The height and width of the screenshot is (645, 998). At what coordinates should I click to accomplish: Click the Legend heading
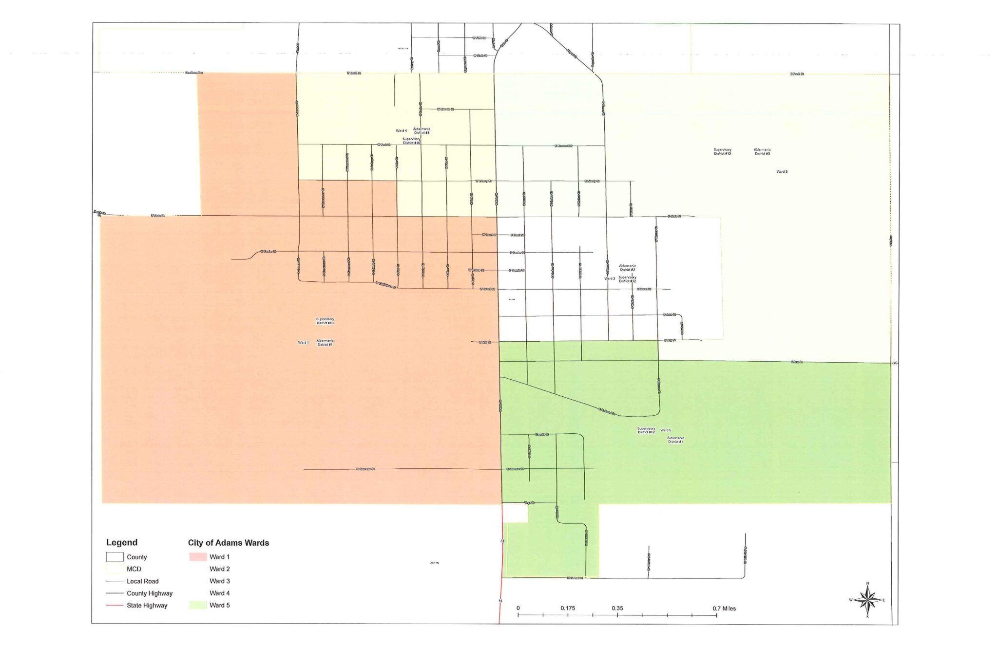coord(122,542)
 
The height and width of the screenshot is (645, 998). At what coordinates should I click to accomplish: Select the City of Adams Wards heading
coord(228,543)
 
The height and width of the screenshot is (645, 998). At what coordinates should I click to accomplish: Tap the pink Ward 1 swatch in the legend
coord(198,557)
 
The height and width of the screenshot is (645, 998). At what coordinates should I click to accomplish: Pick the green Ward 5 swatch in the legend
coord(198,605)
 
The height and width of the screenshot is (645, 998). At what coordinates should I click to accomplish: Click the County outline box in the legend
coord(115,557)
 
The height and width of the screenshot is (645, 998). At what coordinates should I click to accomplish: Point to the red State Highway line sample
coord(115,605)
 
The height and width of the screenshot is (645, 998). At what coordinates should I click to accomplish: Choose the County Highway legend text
coord(150,593)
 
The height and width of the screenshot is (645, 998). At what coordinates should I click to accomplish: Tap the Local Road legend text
coord(142,581)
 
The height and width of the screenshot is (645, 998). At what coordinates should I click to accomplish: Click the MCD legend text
coord(134,569)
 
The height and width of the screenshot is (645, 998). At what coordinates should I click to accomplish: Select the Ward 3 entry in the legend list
coord(220,581)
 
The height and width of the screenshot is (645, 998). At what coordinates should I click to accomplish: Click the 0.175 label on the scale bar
coord(568,608)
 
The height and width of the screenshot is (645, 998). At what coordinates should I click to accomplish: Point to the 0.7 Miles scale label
coord(724,608)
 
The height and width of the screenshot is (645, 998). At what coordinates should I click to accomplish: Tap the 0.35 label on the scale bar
coord(617,608)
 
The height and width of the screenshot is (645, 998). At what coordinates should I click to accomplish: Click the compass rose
coord(867,600)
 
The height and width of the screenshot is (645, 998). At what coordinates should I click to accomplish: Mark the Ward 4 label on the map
coord(401,130)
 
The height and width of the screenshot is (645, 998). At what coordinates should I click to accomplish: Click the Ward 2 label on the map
coord(610,278)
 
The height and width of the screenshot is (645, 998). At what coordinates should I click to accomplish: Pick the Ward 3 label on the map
coord(782,172)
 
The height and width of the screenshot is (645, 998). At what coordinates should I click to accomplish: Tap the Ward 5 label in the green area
coord(666,430)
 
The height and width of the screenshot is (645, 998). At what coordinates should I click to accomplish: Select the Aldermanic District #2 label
coord(627,268)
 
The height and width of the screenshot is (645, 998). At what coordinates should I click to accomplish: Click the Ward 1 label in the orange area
coord(303,343)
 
